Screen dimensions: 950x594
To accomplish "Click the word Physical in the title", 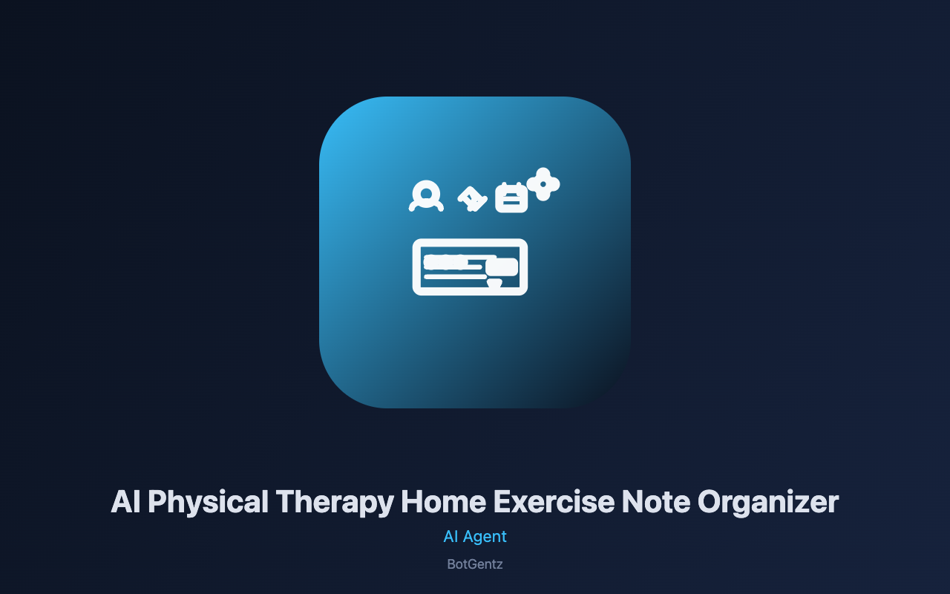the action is (x=208, y=503).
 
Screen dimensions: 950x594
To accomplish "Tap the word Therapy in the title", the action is (x=335, y=503).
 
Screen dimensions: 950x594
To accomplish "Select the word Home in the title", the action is (x=443, y=501).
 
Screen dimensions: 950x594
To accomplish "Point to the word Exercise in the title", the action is (x=554, y=501).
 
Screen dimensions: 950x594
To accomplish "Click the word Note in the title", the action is (x=655, y=501).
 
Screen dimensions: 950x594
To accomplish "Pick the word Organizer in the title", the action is (x=768, y=503).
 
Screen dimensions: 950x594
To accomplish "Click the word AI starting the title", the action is (x=125, y=501).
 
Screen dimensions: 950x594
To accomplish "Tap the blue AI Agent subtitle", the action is (x=475, y=537).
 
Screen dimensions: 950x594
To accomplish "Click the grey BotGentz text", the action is (x=475, y=564).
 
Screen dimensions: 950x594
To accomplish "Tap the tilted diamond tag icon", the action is (x=472, y=198).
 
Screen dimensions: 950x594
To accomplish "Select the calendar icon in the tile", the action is (x=511, y=198).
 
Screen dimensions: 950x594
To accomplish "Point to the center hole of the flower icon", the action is (x=543, y=184).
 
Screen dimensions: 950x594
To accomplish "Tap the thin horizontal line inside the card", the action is (x=453, y=277).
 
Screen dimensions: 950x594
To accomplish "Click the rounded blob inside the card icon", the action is (x=502, y=266).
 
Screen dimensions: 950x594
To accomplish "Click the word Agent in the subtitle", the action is (x=485, y=537).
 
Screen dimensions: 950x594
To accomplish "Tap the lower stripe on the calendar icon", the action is (x=511, y=203).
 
